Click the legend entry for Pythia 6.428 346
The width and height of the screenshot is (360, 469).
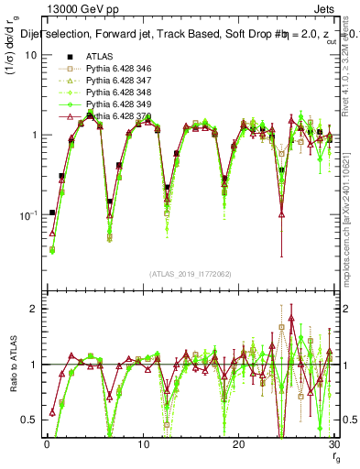coord(106,69)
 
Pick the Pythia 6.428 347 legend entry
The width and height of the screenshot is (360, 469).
coord(106,81)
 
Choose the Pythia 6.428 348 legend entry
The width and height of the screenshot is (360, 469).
coord(106,93)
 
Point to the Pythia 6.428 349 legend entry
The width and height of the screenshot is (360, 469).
coord(106,104)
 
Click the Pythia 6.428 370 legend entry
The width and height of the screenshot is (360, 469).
coord(106,116)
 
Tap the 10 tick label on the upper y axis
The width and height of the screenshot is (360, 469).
coord(29,55)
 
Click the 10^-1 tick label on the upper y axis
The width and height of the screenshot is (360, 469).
coord(27,215)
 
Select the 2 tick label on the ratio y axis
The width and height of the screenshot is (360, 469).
coord(32,309)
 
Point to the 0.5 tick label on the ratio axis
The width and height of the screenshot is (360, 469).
coord(28,420)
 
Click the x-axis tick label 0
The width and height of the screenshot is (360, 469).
coord(46,444)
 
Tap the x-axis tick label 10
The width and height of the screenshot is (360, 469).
coord(142,444)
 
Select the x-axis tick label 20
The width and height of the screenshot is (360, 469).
coord(238,444)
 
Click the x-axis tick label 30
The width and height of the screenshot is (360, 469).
coord(333,444)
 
